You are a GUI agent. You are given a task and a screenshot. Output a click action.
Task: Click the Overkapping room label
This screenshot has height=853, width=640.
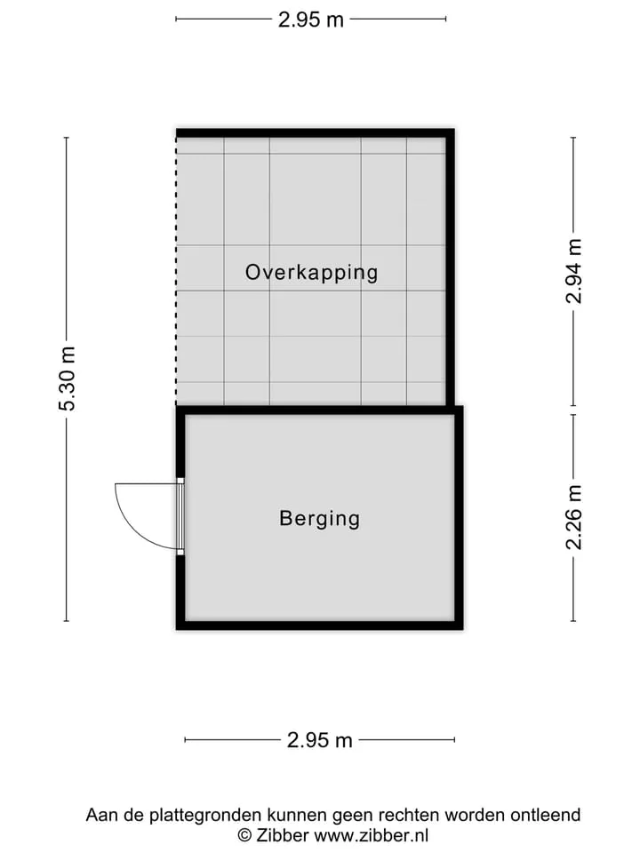pyautogui.click(x=311, y=273)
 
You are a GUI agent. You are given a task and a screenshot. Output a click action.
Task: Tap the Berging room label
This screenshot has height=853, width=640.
pyautogui.click(x=319, y=518)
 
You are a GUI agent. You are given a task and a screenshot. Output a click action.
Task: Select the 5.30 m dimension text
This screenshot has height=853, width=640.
pyautogui.click(x=68, y=379)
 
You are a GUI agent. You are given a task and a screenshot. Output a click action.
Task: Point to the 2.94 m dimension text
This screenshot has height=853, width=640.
pyautogui.click(x=573, y=271)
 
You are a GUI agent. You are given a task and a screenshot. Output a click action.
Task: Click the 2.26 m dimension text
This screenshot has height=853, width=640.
pyautogui.click(x=573, y=517)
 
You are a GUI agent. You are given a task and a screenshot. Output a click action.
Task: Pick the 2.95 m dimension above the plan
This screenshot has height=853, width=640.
pyautogui.click(x=311, y=20)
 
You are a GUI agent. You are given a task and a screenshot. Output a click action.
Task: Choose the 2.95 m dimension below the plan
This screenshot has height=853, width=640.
pyautogui.click(x=319, y=740)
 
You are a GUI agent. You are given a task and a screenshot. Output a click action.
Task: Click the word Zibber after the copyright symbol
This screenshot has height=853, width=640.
pyautogui.click(x=283, y=835)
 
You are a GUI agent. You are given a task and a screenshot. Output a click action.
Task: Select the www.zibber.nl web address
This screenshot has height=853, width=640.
pyautogui.click(x=372, y=835)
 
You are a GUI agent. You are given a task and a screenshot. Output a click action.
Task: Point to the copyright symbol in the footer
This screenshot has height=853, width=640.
pyautogui.click(x=244, y=835)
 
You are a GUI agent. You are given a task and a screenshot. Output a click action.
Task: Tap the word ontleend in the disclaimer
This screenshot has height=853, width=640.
pyautogui.click(x=545, y=815)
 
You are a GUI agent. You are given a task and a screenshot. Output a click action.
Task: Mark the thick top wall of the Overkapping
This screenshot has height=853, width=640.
pyautogui.click(x=315, y=133)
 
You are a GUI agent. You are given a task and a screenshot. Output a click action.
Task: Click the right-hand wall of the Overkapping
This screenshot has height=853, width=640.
pyautogui.click(x=450, y=267)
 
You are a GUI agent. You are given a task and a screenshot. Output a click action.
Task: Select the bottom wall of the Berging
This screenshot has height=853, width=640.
pyautogui.click(x=319, y=626)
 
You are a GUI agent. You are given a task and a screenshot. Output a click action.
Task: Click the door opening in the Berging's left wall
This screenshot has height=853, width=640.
pyautogui.click(x=180, y=516)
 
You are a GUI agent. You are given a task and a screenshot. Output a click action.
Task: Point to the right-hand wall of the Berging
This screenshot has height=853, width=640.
pyautogui.click(x=459, y=518)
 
